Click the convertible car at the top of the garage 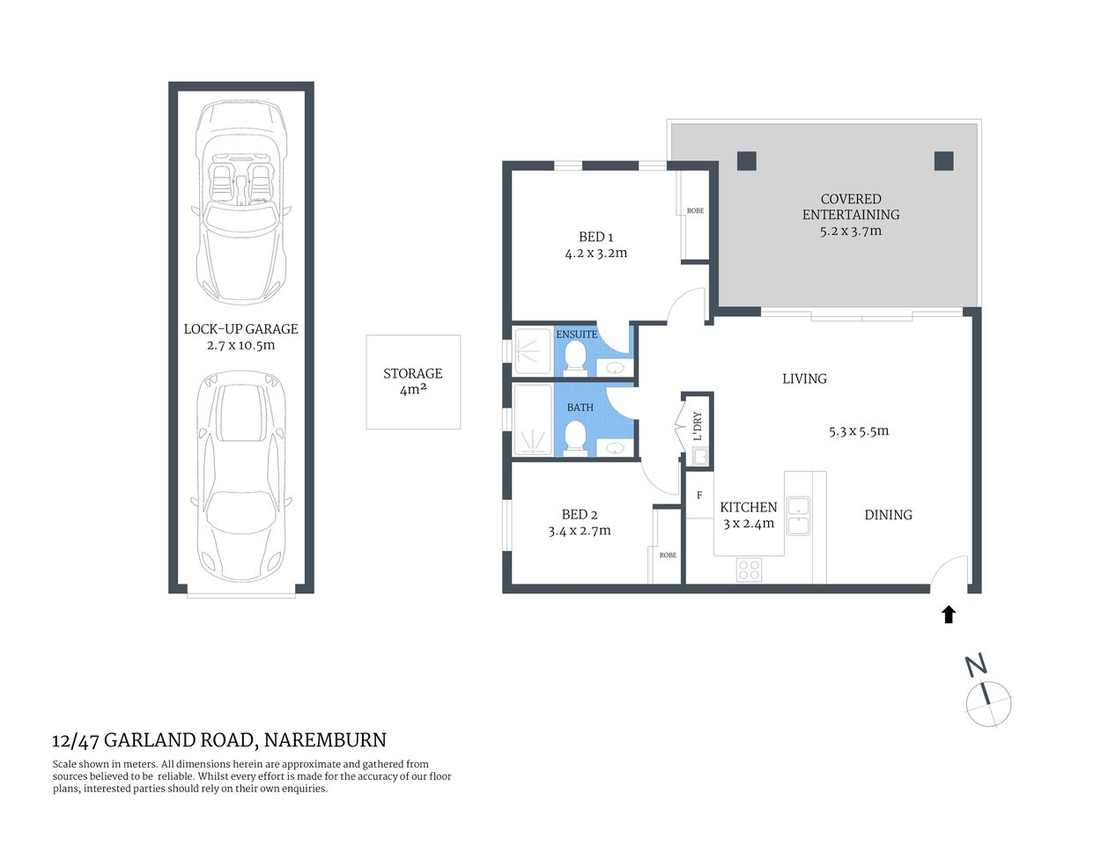click(240, 201)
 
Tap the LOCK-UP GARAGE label click(240, 329)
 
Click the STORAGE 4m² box click(413, 382)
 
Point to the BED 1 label click(595, 237)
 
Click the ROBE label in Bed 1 click(695, 211)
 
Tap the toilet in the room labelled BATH click(575, 435)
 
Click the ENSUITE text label click(576, 334)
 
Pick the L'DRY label click(698, 426)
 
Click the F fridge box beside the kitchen click(699, 496)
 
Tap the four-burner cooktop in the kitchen click(750, 570)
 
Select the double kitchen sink click(799, 516)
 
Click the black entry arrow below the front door click(949, 614)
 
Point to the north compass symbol click(988, 702)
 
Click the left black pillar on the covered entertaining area click(746, 161)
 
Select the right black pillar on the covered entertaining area click(943, 161)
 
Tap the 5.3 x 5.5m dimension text click(858, 431)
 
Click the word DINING click(888, 515)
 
